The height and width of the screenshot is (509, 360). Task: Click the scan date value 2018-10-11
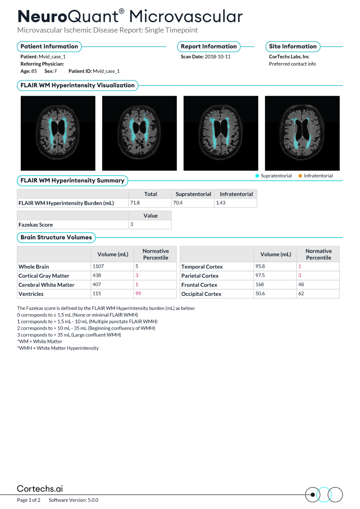pyautogui.click(x=217, y=57)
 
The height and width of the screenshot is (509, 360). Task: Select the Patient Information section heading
pyautogui.click(x=49, y=46)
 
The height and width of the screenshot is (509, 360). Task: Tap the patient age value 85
pyautogui.click(x=34, y=71)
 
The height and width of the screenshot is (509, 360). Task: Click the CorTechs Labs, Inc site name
pyautogui.click(x=289, y=57)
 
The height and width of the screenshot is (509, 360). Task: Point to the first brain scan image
pyautogui.click(x=58, y=133)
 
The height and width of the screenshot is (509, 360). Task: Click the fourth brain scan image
pyautogui.click(x=302, y=133)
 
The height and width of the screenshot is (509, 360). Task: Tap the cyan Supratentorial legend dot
pyautogui.click(x=257, y=176)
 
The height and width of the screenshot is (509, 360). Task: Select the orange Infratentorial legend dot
pyautogui.click(x=300, y=176)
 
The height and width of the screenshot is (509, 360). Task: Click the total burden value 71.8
pyautogui.click(x=135, y=203)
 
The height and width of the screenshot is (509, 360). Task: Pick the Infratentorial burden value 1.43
pyautogui.click(x=221, y=203)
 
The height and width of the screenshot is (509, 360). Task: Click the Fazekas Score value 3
pyautogui.click(x=132, y=224)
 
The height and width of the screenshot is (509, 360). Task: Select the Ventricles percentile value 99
pyautogui.click(x=138, y=294)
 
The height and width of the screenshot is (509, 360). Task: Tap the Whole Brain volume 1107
pyautogui.click(x=98, y=266)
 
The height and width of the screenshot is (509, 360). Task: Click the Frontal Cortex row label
pyautogui.click(x=199, y=285)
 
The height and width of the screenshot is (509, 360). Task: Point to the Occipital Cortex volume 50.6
pyautogui.click(x=260, y=294)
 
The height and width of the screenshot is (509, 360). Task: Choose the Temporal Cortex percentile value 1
pyautogui.click(x=300, y=266)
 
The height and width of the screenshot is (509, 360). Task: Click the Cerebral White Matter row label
pyautogui.click(x=46, y=285)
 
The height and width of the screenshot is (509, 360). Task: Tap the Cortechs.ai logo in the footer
pyautogui.click(x=40, y=489)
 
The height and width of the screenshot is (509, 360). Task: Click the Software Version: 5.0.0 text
pyautogui.click(x=73, y=500)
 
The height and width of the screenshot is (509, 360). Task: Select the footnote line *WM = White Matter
pyautogui.click(x=40, y=341)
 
